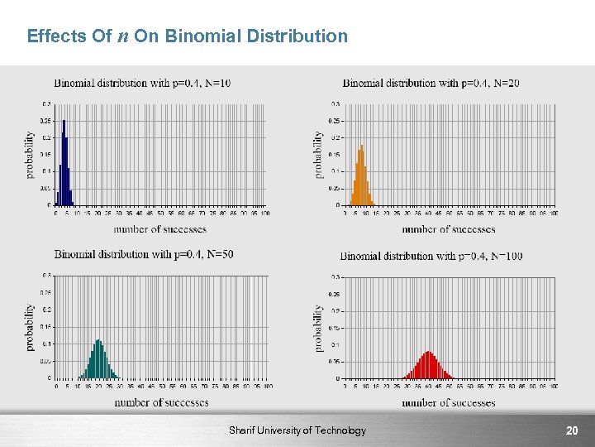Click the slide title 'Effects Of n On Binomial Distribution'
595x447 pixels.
tap(188, 36)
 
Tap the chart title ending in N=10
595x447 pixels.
tap(142, 83)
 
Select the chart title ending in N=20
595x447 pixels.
tap(431, 83)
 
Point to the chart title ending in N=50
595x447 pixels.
tap(144, 253)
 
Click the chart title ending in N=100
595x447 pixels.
tap(431, 256)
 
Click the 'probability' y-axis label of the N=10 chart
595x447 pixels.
tap(31, 155)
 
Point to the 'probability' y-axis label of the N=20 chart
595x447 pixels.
tap(319, 155)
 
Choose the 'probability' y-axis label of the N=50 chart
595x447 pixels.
tap(31, 326)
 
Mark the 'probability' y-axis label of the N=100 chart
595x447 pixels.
tap(319, 328)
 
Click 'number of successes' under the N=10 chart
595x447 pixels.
tap(160, 228)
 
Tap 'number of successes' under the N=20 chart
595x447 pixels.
tap(449, 228)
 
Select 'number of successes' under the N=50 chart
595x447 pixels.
tap(161, 402)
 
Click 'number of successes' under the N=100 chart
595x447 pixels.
tap(449, 403)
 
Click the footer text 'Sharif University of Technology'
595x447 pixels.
tap(297, 430)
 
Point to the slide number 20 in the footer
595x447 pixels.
tap(571, 430)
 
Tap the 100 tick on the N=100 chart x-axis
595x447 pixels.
tap(552, 386)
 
